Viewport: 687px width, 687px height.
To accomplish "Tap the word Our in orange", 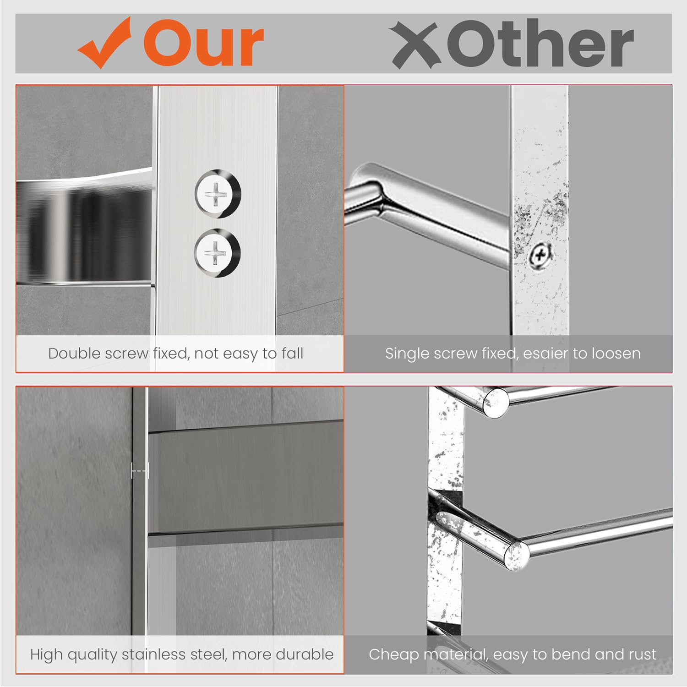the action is pos(203,44).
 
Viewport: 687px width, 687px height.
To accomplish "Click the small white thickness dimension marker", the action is pos(140,470).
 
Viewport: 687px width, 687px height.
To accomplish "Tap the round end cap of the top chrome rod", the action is pos(496,402).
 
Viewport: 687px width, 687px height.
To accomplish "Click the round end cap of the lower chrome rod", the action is pos(517,556).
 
